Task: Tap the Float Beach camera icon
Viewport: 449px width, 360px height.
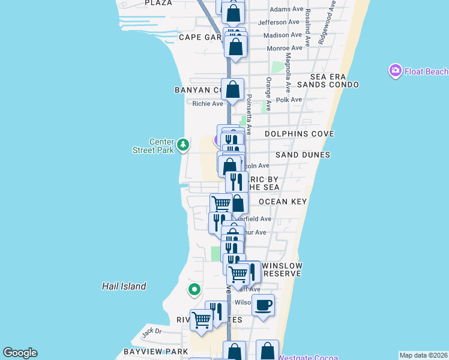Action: [395, 71]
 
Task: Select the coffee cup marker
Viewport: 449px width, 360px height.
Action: [263, 305]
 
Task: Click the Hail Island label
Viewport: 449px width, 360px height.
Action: [124, 286]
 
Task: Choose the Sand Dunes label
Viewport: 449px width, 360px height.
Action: [303, 155]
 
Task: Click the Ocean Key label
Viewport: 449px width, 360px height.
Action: [283, 202]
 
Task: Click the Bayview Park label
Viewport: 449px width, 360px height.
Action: [148, 350]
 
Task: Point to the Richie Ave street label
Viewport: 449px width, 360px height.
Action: [208, 104]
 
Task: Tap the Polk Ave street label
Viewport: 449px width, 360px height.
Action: [289, 100]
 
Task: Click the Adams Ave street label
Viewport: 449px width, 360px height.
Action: [286, 10]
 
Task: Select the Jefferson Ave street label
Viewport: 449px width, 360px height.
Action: [279, 23]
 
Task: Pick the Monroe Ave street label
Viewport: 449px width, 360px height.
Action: [284, 48]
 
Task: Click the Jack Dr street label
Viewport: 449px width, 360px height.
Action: [152, 331]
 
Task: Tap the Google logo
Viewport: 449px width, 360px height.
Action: [20, 353]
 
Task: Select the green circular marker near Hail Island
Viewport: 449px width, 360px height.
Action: [194, 290]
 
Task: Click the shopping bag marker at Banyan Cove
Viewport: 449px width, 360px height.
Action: [232, 90]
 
